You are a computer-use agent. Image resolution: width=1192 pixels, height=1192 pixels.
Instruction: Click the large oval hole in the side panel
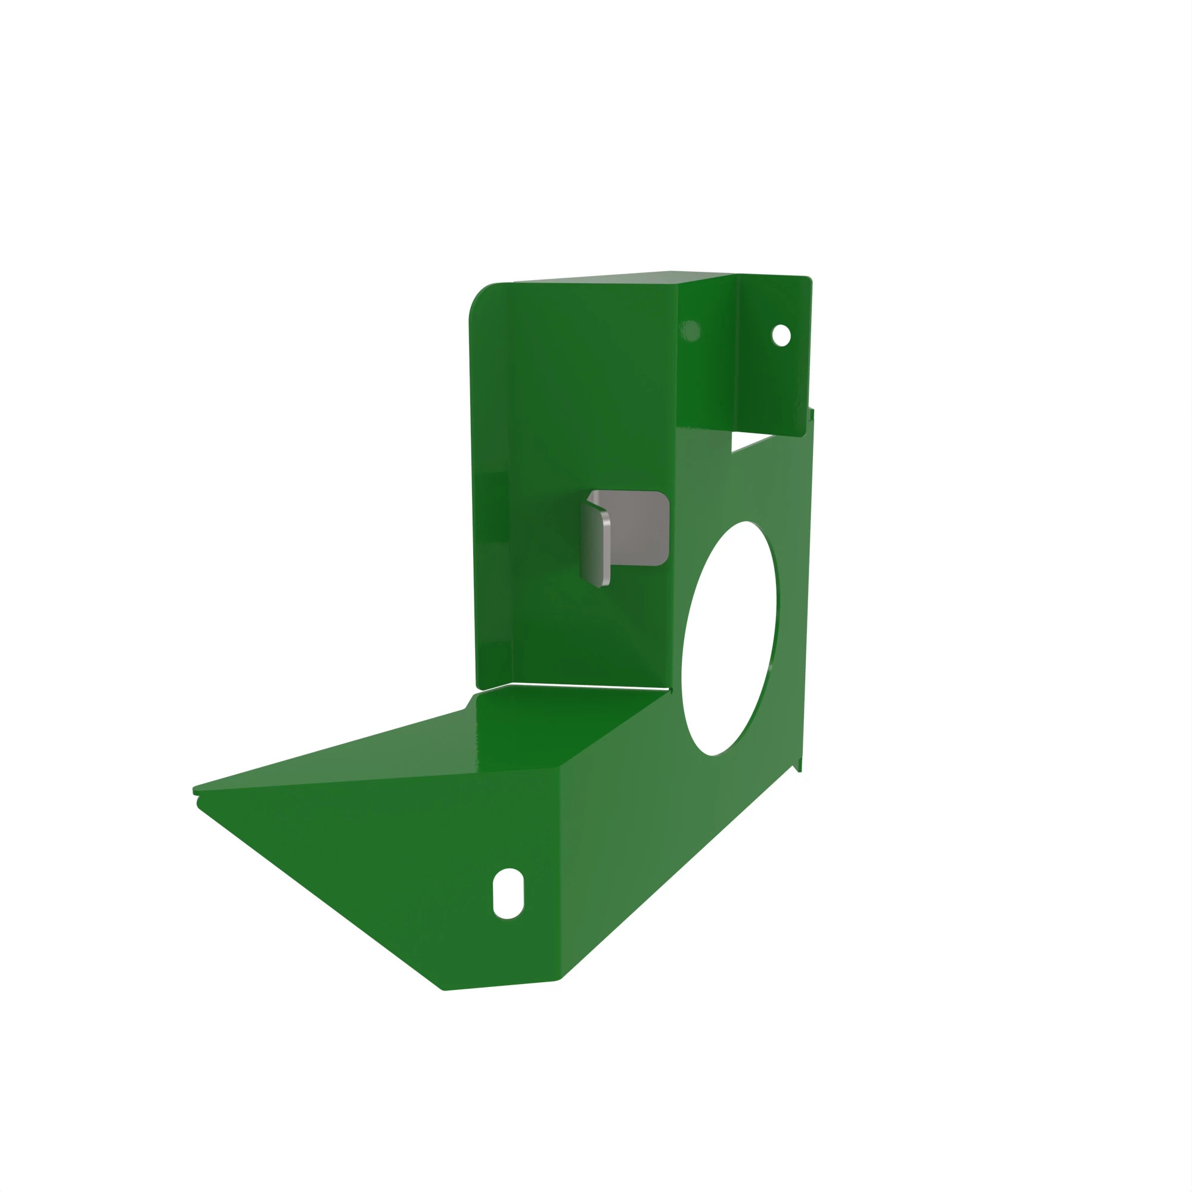pyautogui.click(x=730, y=638)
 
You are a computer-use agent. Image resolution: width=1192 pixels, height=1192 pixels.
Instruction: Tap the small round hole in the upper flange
pyautogui.click(x=781, y=335)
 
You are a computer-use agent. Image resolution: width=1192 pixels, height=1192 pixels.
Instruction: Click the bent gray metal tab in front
pyautogui.click(x=595, y=544)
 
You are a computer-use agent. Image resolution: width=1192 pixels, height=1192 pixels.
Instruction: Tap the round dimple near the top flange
pyautogui.click(x=690, y=331)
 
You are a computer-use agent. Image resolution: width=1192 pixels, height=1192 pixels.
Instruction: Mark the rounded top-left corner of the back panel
pyautogui.click(x=481, y=296)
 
